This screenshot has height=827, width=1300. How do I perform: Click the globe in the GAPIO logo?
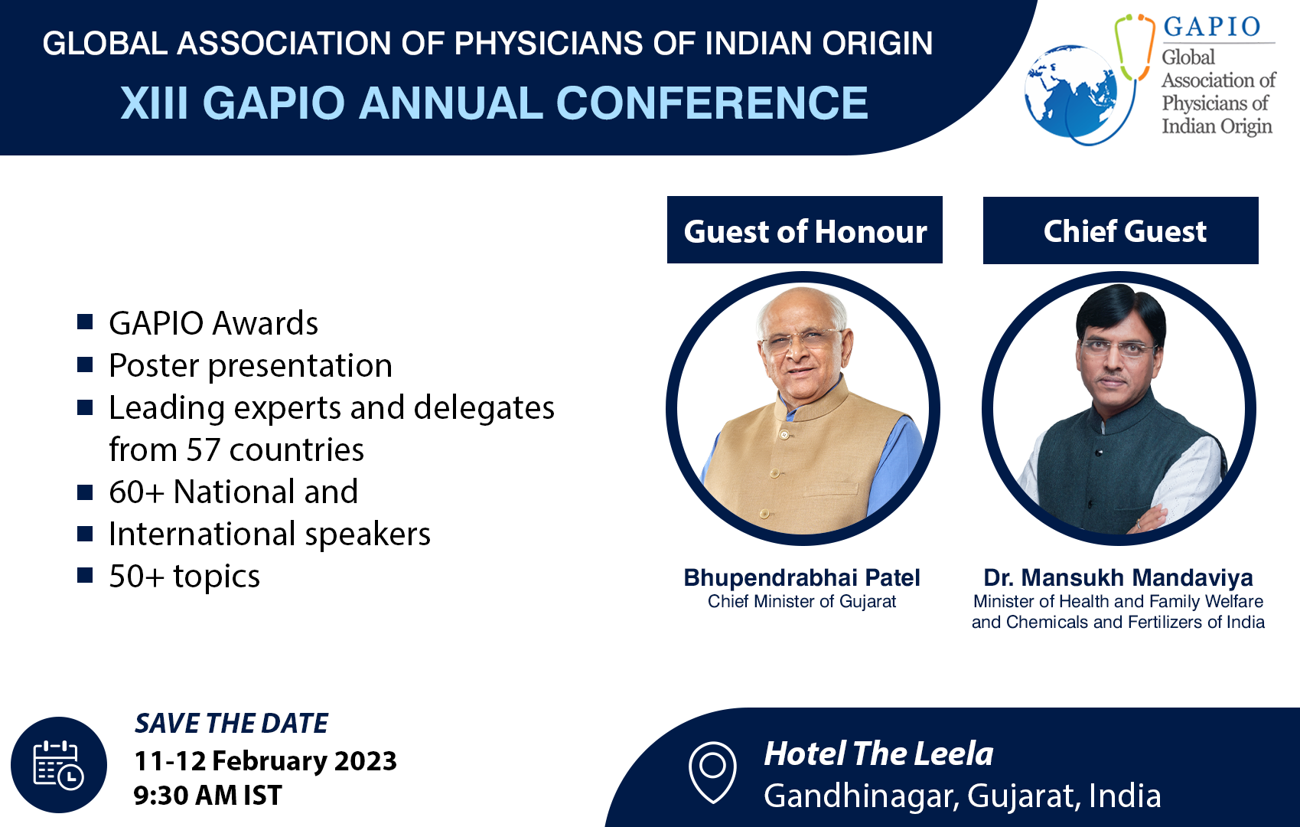1070,91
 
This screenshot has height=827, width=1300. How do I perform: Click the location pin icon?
712,773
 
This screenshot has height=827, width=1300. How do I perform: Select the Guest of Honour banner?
804,230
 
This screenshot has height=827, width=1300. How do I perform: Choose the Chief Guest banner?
1121,230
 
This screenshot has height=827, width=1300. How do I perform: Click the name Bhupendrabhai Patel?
801,578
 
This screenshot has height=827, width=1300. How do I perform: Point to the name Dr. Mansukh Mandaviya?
1119,578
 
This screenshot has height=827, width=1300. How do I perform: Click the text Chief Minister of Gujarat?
801,602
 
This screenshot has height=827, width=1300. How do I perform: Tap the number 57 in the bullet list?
203,449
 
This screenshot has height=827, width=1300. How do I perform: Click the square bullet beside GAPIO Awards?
85,322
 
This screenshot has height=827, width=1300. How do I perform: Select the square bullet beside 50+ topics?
85,575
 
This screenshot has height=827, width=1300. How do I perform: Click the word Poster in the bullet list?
154,365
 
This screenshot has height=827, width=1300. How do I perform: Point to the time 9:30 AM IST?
208,795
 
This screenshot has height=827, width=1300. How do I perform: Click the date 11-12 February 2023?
266,761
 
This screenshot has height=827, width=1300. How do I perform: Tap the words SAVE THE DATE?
232,724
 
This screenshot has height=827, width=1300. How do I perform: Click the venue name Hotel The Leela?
878,753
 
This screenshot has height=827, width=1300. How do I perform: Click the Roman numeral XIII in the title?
154,103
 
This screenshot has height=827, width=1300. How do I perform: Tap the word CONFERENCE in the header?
712,103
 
